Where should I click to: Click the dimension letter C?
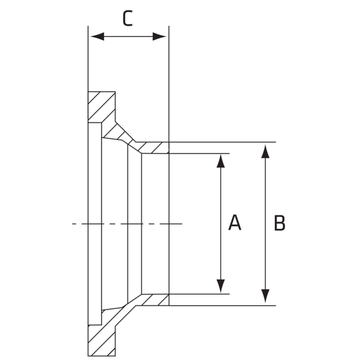point(128,18)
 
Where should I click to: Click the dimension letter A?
point(235,223)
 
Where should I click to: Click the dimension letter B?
point(280,223)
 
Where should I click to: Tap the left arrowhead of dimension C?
point(97,37)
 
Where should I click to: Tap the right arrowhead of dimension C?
point(160,37)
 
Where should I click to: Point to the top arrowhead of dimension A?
point(221,161)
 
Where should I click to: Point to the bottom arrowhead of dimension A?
point(221,286)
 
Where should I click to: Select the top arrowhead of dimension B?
point(265,152)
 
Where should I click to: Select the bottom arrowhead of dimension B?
point(265,296)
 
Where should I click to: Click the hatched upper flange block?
point(102,107)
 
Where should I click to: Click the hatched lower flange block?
point(102,340)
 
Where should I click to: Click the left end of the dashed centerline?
point(73,224)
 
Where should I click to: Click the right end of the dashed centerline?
point(182,224)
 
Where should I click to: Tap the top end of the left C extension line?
point(88,26)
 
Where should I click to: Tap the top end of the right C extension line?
point(169,26)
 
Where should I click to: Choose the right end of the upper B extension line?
point(276,142)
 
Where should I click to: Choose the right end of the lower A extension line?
point(229,294)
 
